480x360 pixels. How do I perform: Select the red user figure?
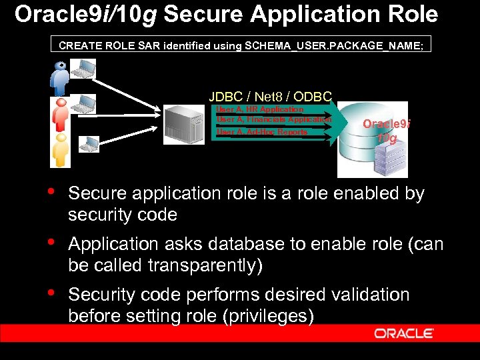pyautogui.click(x=60, y=113)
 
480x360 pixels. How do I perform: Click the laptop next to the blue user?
pyautogui.click(x=84, y=68)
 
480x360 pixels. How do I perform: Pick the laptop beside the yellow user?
pyautogui.click(x=89, y=143)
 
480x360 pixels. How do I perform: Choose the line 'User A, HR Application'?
pyautogui.click(x=259, y=109)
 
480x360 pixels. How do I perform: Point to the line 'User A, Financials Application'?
pyautogui.click(x=273, y=119)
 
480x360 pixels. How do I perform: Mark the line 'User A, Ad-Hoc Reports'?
pyautogui.click(x=262, y=132)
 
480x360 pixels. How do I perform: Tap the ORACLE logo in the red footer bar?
pyautogui.click(x=404, y=333)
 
